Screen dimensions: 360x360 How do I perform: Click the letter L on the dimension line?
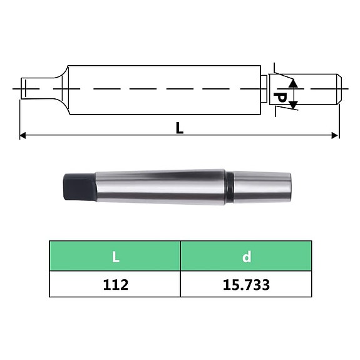coord(180,128)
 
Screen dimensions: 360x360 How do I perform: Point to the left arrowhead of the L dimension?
coord(23,135)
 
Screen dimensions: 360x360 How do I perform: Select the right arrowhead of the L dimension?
coord(336,135)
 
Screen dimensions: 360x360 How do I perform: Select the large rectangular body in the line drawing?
coord(163,90)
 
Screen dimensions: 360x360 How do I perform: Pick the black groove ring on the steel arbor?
coord(230,187)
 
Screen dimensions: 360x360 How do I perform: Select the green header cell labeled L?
coord(115,256)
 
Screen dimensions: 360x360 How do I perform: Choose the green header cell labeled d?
coord(246,256)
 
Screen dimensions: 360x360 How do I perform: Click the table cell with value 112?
coord(115,284)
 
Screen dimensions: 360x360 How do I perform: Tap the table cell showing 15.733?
coord(246,284)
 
